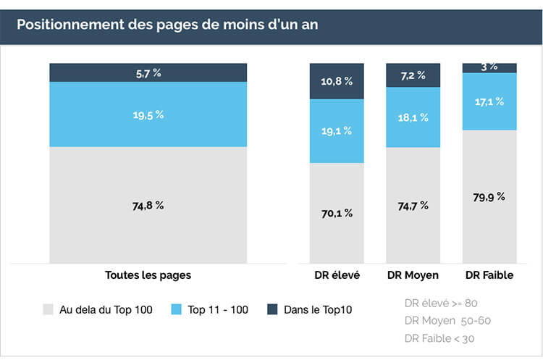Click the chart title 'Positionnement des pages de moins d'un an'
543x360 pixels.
pos(167,25)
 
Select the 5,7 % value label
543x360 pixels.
pos(148,72)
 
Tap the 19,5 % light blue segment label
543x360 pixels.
pos(148,114)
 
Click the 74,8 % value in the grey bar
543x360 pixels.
pos(148,205)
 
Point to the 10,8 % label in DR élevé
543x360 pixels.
pos(337,81)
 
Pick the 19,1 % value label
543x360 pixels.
pos(337,131)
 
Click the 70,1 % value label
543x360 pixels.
pos(337,213)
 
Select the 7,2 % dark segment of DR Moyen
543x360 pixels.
pos(413,75)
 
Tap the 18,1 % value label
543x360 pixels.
pos(413,117)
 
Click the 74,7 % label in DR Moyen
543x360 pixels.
pos(413,205)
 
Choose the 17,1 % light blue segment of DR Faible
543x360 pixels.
pos(489,101)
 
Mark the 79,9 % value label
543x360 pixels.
pos(489,196)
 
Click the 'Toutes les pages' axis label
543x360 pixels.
pos(148,275)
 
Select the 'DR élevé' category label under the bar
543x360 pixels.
pos(337,275)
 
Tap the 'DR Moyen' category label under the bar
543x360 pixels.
pos(413,275)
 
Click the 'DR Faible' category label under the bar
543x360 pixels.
pos(489,275)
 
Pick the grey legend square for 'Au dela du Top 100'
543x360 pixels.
pos(49,309)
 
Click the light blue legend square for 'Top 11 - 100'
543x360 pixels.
pos(176,309)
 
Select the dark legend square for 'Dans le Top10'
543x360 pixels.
pos(272,309)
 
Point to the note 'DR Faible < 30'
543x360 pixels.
pos(440,338)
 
